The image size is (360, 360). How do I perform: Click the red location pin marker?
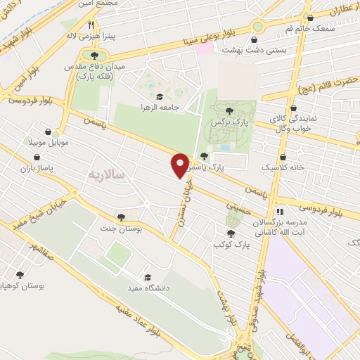pyautogui.click(x=180, y=165)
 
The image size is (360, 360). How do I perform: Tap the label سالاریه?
pyautogui.click(x=107, y=173)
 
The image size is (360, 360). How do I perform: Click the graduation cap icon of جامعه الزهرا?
pyautogui.click(x=159, y=97)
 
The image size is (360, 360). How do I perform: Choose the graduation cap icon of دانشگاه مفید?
pyautogui.click(x=147, y=276)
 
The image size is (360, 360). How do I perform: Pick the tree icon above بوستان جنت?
pyautogui.click(x=122, y=217)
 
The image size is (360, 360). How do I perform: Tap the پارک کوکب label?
pyautogui.click(x=231, y=245)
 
